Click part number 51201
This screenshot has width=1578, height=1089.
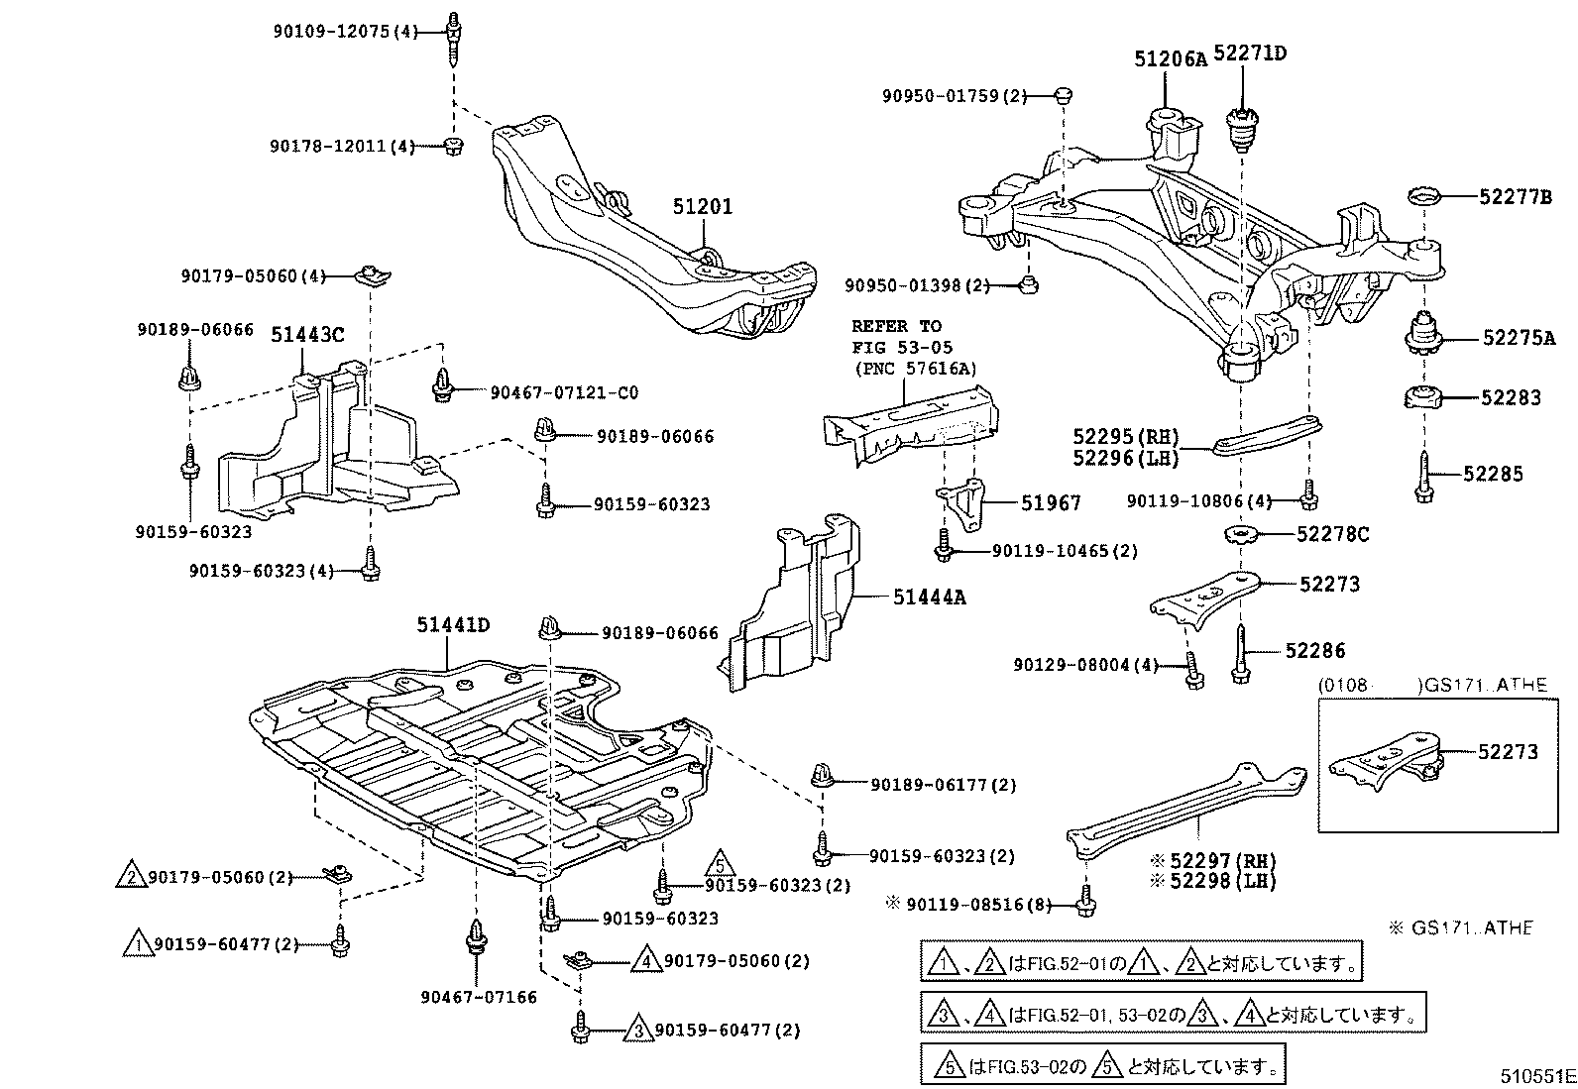coord(702,207)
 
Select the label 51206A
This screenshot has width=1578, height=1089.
coord(1170,58)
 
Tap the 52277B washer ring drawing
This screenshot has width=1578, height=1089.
coord(1425,196)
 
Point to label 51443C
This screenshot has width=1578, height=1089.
coord(307,335)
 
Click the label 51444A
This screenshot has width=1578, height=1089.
coord(929,597)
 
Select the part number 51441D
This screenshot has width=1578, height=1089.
coord(452,625)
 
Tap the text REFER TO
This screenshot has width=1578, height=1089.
coord(896,326)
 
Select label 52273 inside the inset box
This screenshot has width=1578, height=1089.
coord(1508,752)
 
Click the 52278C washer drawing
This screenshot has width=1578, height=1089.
coord(1241,536)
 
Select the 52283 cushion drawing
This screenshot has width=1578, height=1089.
coord(1423,398)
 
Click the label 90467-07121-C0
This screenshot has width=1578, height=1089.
coord(564,392)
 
